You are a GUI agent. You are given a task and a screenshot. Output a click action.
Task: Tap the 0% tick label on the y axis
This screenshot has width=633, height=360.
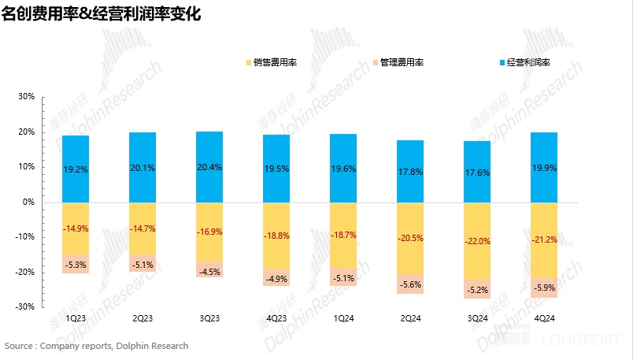point(28,202)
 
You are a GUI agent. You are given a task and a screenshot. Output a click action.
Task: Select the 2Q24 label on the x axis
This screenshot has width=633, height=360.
point(410,319)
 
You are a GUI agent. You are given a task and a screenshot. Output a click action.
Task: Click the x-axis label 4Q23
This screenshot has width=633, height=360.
point(276,319)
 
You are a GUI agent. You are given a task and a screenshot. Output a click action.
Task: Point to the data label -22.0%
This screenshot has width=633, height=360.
point(477,241)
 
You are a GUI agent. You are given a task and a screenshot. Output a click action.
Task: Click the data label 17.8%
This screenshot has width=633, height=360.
point(410,172)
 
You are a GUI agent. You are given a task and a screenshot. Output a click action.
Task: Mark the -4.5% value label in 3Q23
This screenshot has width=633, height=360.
point(209,273)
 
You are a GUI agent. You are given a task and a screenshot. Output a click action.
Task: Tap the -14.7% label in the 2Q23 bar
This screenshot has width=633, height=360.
point(143,228)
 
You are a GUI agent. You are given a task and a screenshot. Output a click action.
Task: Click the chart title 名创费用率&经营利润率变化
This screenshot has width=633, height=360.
point(103,15)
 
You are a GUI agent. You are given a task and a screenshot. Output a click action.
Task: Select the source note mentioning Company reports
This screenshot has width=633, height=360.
point(96,346)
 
